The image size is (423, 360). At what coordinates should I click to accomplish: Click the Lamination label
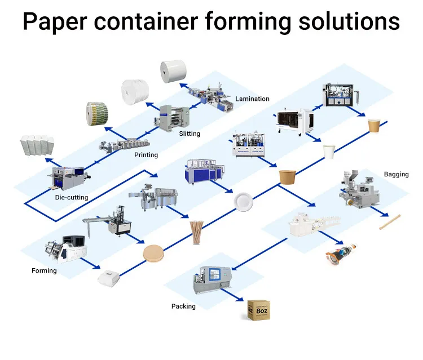coord(252,99)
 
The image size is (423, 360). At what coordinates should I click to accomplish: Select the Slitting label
coord(189,134)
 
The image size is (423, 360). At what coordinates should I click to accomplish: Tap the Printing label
coord(146,155)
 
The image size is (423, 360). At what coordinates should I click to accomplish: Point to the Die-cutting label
coord(70,197)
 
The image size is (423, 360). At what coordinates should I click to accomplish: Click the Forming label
coord(44,270)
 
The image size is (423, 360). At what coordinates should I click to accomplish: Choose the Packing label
coord(183,306)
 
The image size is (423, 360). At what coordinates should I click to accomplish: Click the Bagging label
coord(396,174)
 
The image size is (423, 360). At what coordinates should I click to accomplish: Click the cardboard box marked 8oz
coord(259,309)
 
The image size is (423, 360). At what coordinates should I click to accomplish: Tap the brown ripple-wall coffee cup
coord(374,125)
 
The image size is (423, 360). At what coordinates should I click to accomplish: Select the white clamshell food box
coord(108,278)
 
